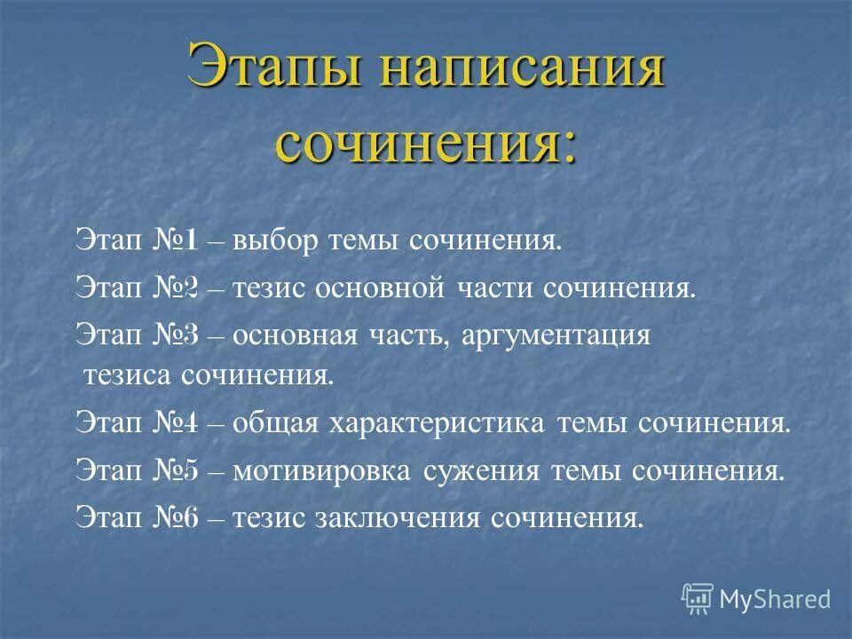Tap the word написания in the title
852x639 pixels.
click(x=520, y=70)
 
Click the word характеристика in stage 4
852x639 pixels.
click(x=438, y=422)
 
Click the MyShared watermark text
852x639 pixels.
click(x=775, y=599)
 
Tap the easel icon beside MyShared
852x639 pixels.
click(x=698, y=599)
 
